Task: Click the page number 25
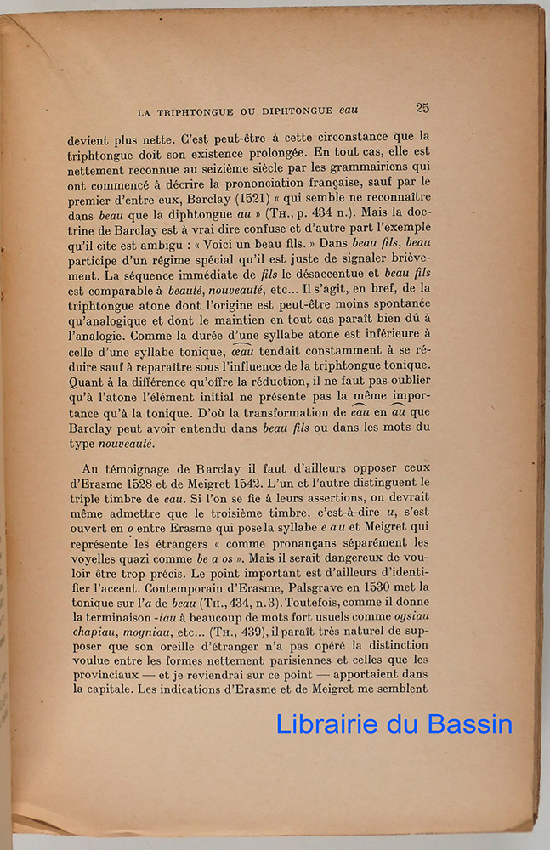coord(422,108)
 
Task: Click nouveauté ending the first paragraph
coord(127,444)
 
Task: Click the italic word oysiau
coord(411,617)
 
